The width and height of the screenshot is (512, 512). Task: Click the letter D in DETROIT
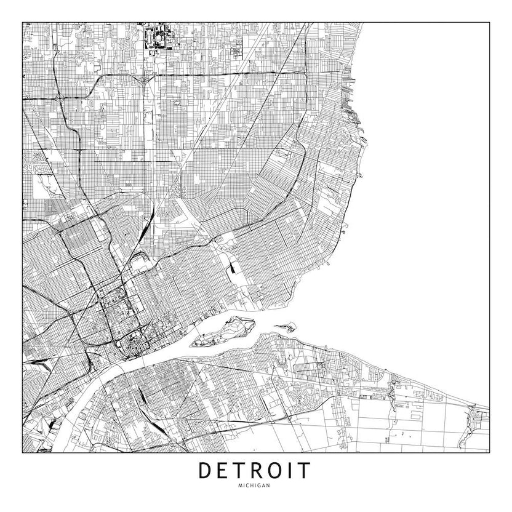pyautogui.click(x=206, y=471)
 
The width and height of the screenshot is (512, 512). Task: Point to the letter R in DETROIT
pyautogui.click(x=258, y=471)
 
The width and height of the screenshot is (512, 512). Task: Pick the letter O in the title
pyautogui.click(x=278, y=471)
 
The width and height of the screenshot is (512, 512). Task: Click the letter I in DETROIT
pyautogui.click(x=292, y=471)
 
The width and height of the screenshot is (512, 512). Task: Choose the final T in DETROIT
pyautogui.click(x=305, y=471)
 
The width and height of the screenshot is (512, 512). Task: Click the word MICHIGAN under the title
pyautogui.click(x=256, y=487)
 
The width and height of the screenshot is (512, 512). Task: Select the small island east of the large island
pyautogui.click(x=284, y=327)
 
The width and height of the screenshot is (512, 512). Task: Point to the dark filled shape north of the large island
pyautogui.click(x=235, y=266)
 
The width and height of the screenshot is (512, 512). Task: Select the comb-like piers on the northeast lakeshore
pyautogui.click(x=351, y=92)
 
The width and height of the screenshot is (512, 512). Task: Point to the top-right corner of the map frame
pyautogui.click(x=489, y=23)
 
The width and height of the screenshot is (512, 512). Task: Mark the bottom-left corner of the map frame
pyautogui.click(x=23, y=452)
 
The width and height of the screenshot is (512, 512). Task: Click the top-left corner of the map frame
pyautogui.click(x=23, y=23)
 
